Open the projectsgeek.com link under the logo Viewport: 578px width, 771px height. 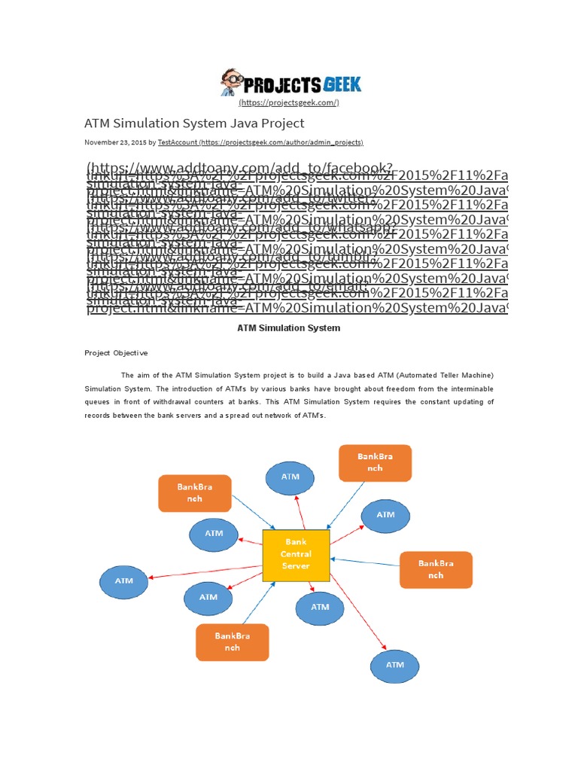coord(289,102)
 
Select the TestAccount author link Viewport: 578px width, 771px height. coord(178,142)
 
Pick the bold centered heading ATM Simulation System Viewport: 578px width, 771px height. coord(289,328)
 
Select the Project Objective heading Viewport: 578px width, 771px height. coord(116,352)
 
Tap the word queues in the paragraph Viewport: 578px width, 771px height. coord(97,402)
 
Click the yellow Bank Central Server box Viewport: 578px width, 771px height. coord(296,556)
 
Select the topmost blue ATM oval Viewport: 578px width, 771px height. coord(291,477)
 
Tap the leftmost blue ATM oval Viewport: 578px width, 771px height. coord(124,581)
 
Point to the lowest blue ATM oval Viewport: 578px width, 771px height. coord(395,665)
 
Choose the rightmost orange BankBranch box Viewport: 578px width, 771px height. coord(436,570)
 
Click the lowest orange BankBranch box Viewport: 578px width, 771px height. coord(232,641)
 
